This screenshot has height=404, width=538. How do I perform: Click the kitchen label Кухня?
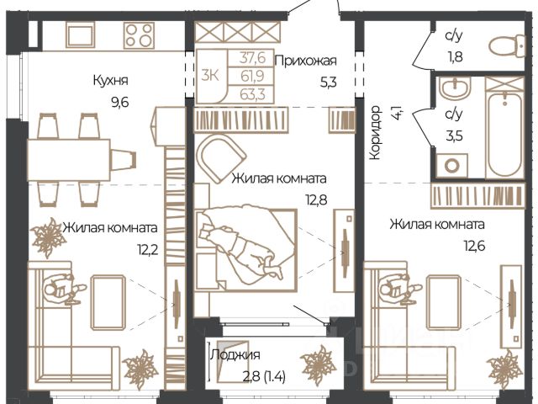(110, 81)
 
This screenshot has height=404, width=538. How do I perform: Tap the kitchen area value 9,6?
(120, 102)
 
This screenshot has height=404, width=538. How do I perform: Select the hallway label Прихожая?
(306, 61)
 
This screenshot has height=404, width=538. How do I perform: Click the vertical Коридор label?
(376, 133)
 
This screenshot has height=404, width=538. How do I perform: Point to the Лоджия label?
(235, 354)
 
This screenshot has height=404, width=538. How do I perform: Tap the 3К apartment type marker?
(210, 75)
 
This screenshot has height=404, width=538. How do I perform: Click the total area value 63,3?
(252, 94)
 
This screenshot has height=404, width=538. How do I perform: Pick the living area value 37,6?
(252, 58)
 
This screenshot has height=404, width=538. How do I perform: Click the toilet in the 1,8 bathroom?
(507, 46)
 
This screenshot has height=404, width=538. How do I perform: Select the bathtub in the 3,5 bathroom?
(504, 135)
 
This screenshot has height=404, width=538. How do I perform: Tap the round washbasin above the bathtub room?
(455, 88)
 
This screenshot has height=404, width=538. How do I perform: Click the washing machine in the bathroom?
(451, 166)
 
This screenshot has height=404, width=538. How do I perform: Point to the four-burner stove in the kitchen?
(139, 35)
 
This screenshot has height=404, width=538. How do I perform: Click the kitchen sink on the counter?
(81, 35)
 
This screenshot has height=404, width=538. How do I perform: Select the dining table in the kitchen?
(69, 160)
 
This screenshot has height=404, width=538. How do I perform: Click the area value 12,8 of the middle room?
(316, 199)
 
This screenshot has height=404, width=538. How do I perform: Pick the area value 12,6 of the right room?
(474, 246)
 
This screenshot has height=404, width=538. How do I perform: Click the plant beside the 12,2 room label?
(48, 237)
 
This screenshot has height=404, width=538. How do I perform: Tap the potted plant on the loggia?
(319, 364)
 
